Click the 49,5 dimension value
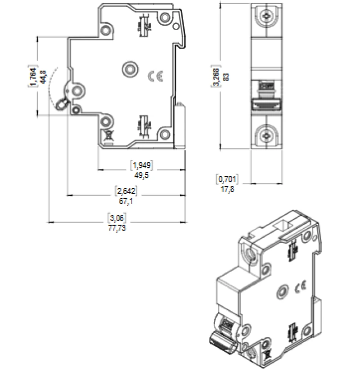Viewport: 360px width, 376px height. point(142,175)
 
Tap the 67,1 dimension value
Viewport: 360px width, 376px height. point(126,201)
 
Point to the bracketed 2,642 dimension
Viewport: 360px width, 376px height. point(126,192)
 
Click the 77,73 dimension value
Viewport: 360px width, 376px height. point(117,228)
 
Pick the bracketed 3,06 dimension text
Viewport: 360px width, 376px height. point(117,218)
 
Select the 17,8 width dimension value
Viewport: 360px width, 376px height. point(227,188)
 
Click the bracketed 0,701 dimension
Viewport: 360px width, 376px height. point(227,179)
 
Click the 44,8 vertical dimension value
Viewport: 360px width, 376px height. point(43,77)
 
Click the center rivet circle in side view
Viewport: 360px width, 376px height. point(130,68)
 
